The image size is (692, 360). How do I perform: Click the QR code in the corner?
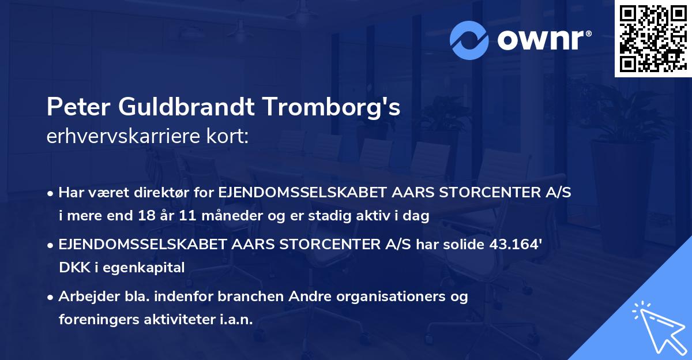click(x=653, y=38)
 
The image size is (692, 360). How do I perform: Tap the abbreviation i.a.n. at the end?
click(x=235, y=320)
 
